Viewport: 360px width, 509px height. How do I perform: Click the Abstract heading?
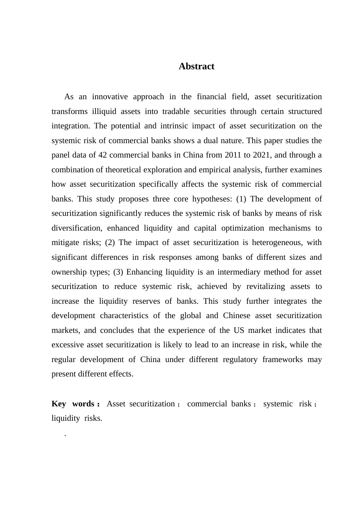(196, 66)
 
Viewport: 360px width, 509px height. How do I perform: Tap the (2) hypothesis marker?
(110, 242)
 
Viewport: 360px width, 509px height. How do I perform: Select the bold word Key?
(59, 404)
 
